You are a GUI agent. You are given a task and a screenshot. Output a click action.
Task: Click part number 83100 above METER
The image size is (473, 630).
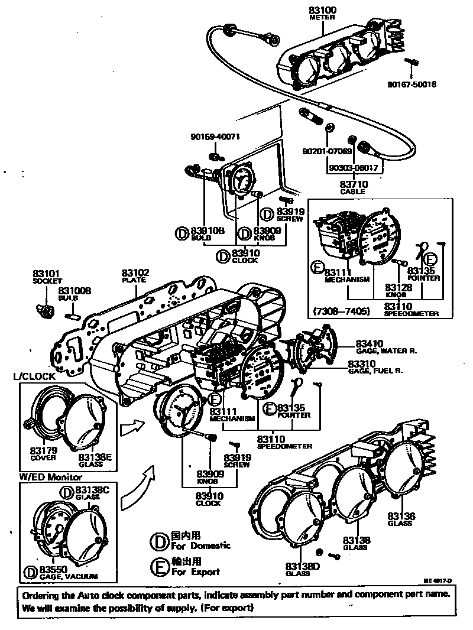[x=322, y=11]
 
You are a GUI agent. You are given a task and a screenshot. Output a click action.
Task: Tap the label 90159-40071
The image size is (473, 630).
[x=215, y=137]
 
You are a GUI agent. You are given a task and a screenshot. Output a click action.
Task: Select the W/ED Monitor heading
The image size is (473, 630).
[x=51, y=476]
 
